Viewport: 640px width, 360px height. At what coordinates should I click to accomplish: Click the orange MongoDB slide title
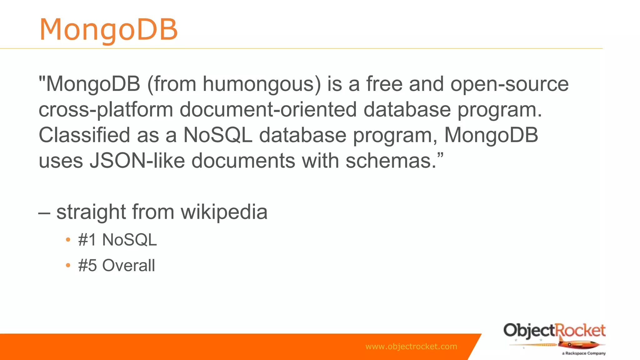[x=108, y=30]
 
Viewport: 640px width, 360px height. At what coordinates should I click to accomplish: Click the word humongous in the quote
[x=262, y=84]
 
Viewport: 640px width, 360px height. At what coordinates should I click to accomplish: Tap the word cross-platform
[x=106, y=110]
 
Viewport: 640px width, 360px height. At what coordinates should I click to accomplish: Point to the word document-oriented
[x=268, y=110]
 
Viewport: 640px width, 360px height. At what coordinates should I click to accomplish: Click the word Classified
[x=84, y=135]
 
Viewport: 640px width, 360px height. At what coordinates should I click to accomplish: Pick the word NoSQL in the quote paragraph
[x=218, y=135]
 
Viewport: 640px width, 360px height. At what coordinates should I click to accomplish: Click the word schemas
[x=391, y=161]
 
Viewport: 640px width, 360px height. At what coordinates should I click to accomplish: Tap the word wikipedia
[x=224, y=212]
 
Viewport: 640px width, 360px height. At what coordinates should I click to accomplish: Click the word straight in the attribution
[x=91, y=212]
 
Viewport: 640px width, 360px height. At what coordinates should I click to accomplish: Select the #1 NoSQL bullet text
[x=117, y=240]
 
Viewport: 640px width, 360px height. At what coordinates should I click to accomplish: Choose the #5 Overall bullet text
[x=117, y=266]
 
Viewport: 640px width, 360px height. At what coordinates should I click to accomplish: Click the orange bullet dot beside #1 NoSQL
[x=68, y=240]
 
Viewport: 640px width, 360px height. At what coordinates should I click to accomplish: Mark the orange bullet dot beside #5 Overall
[x=68, y=266]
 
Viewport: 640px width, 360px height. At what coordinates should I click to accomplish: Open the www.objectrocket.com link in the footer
[x=411, y=347]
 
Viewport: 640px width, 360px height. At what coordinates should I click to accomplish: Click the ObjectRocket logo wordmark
[x=554, y=331]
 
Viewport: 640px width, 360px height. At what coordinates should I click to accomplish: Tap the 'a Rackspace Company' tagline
[x=583, y=353]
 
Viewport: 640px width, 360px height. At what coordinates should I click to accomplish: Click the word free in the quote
[x=384, y=84]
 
